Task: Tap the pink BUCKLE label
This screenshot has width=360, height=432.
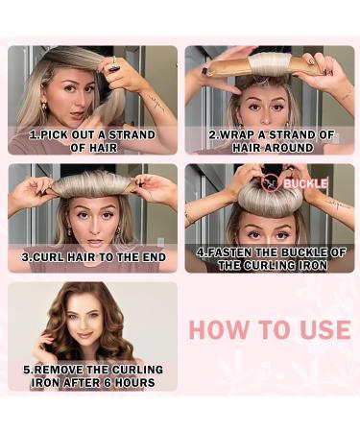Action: [306, 183]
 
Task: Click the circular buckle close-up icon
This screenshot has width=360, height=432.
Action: [271, 182]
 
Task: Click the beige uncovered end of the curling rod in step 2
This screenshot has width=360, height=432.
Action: [223, 66]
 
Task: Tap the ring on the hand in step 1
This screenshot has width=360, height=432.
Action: [113, 65]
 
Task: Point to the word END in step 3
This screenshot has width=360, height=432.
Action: [151, 257]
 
